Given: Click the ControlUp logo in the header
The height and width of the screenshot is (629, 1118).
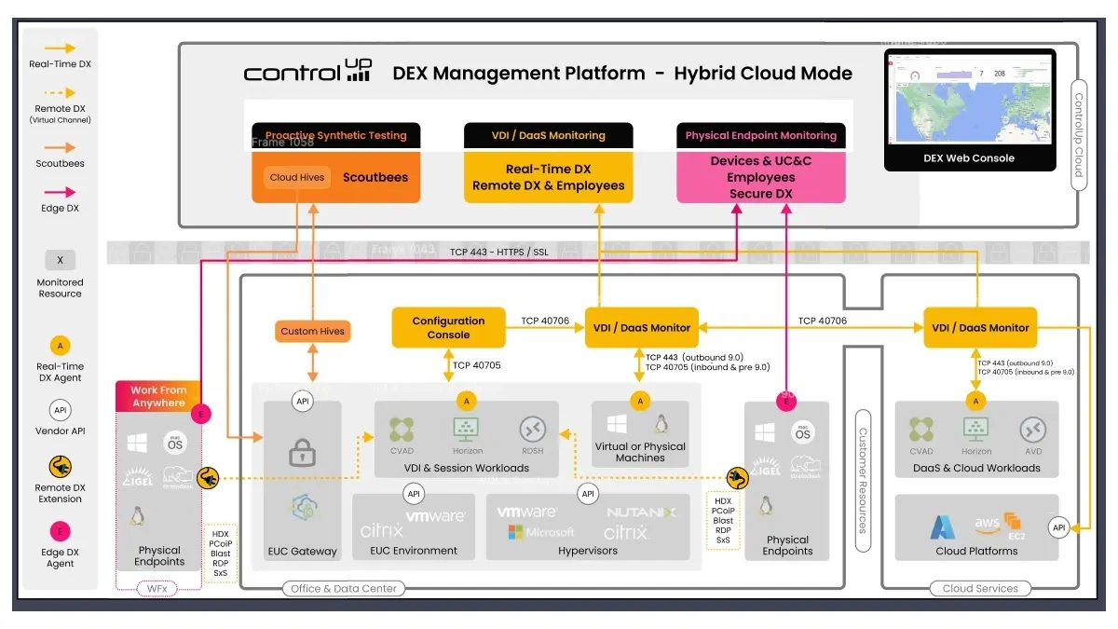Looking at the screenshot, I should (x=307, y=72).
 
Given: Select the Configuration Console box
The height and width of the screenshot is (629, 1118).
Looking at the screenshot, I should (x=448, y=328).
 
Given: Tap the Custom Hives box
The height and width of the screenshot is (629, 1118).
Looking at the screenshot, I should (x=312, y=331).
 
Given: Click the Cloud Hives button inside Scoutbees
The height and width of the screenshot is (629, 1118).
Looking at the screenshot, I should (x=296, y=177).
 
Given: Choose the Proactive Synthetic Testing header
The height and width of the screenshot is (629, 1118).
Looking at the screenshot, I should (x=336, y=135).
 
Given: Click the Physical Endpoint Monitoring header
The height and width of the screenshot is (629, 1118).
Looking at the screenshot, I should (x=760, y=135).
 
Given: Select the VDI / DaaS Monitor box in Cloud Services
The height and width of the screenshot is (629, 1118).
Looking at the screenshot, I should (x=980, y=328).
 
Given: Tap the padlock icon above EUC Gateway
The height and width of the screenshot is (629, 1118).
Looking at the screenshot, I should (x=302, y=454).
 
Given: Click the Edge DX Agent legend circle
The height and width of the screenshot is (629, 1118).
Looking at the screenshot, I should (x=60, y=532).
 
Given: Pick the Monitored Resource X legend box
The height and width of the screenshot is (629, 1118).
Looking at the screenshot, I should (x=60, y=260).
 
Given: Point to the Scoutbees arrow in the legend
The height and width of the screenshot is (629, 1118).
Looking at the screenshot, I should (x=60, y=147).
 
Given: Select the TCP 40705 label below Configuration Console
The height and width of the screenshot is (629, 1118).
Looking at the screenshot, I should (x=476, y=365).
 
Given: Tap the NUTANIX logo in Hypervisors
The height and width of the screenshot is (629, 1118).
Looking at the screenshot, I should (x=642, y=513).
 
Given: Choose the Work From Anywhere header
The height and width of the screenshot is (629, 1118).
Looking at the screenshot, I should (x=157, y=396).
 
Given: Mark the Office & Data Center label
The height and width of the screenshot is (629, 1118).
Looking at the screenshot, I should (x=343, y=588).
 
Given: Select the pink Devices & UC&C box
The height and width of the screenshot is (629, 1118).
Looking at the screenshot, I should (x=760, y=177).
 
